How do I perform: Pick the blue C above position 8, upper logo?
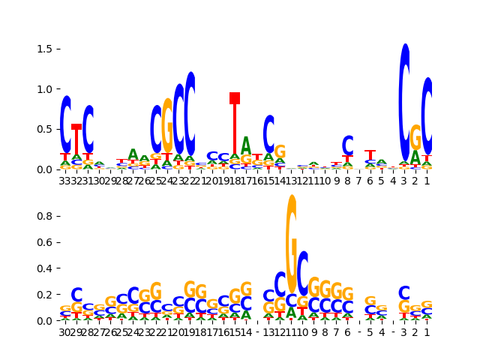pyautogui.click(x=348, y=145)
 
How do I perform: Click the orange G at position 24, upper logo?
pyautogui.click(x=167, y=125)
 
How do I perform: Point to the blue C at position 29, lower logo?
pyautogui.click(x=76, y=295)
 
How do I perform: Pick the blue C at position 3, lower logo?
pyautogui.click(x=404, y=292)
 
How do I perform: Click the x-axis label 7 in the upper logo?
pyautogui.click(x=359, y=181)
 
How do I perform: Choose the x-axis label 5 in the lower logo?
pyautogui.click(x=370, y=332)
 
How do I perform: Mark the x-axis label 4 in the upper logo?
pyautogui.click(x=393, y=181)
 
